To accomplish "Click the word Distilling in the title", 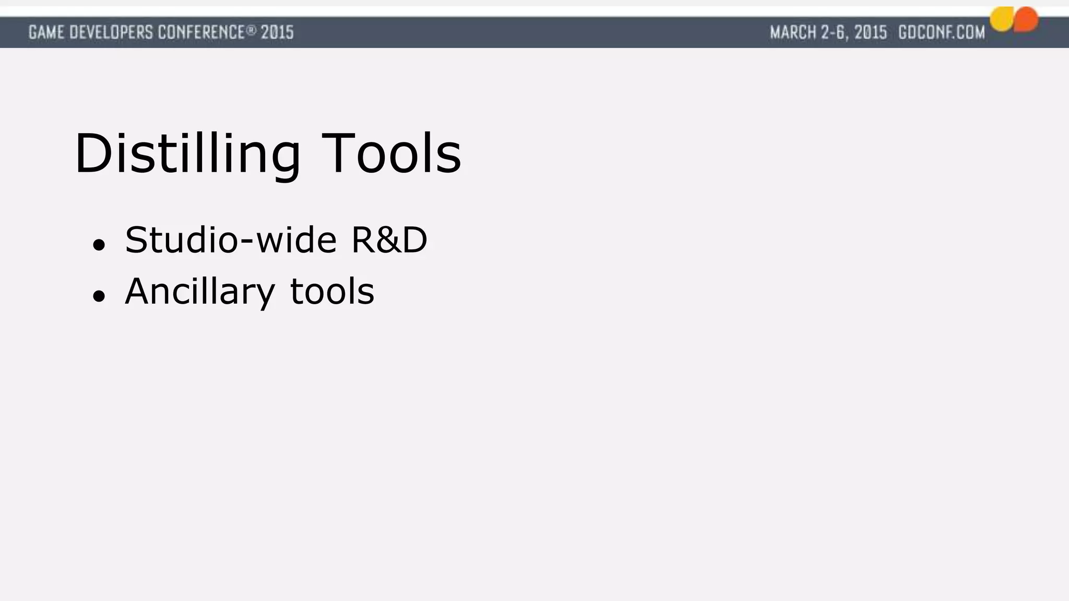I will coord(187,154).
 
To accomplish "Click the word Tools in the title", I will coord(391,154).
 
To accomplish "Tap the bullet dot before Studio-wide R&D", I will coord(99,244).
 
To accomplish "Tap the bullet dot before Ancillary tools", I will coord(99,296).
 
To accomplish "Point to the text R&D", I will coord(389,241).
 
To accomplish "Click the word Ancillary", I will coord(199,292).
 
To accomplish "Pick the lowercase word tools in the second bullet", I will coord(332,292).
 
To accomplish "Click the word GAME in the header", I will coord(46,32).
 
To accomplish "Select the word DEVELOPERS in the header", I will coord(111,32).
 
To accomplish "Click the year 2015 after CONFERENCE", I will coord(277,32).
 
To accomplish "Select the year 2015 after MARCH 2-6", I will coord(871,32).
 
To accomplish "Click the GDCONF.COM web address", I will coord(942,32).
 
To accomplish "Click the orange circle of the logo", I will coord(1027,19).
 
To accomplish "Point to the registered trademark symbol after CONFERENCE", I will coord(252,30).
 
